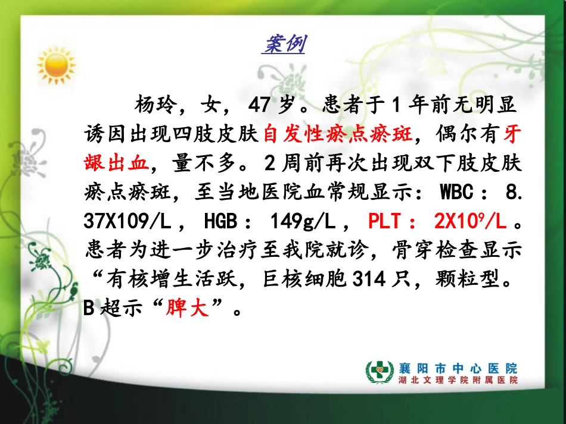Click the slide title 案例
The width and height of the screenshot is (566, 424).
click(284, 44)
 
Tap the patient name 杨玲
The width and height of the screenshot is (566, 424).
click(156, 106)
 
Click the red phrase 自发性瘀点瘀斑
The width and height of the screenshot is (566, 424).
click(337, 135)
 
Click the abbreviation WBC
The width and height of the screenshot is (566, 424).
click(458, 193)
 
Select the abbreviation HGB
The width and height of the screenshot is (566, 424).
click(222, 222)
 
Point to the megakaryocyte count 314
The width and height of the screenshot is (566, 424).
click(367, 279)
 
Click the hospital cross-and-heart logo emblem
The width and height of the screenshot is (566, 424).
click(378, 372)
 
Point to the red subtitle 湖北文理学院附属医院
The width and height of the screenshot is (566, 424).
click(458, 381)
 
